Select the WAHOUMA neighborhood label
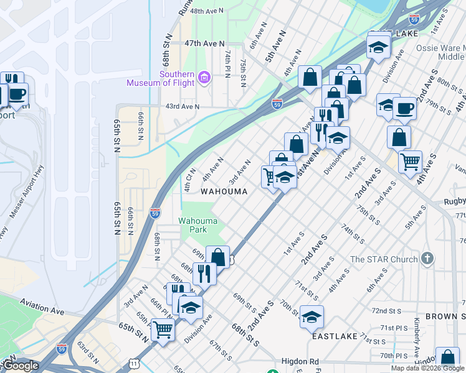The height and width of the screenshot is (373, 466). [x=224, y=192]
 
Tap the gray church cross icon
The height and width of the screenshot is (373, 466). [x=427, y=258]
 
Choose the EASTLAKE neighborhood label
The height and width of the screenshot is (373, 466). [x=335, y=336]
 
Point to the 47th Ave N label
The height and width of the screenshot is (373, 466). [x=204, y=43]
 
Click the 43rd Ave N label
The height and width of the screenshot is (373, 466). [x=182, y=106]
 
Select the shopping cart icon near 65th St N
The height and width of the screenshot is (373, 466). [x=163, y=329]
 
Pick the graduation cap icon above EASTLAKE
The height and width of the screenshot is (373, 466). [x=311, y=316]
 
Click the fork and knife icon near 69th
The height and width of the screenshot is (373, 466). [x=204, y=272]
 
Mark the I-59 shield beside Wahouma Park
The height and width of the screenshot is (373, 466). [x=156, y=213]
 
